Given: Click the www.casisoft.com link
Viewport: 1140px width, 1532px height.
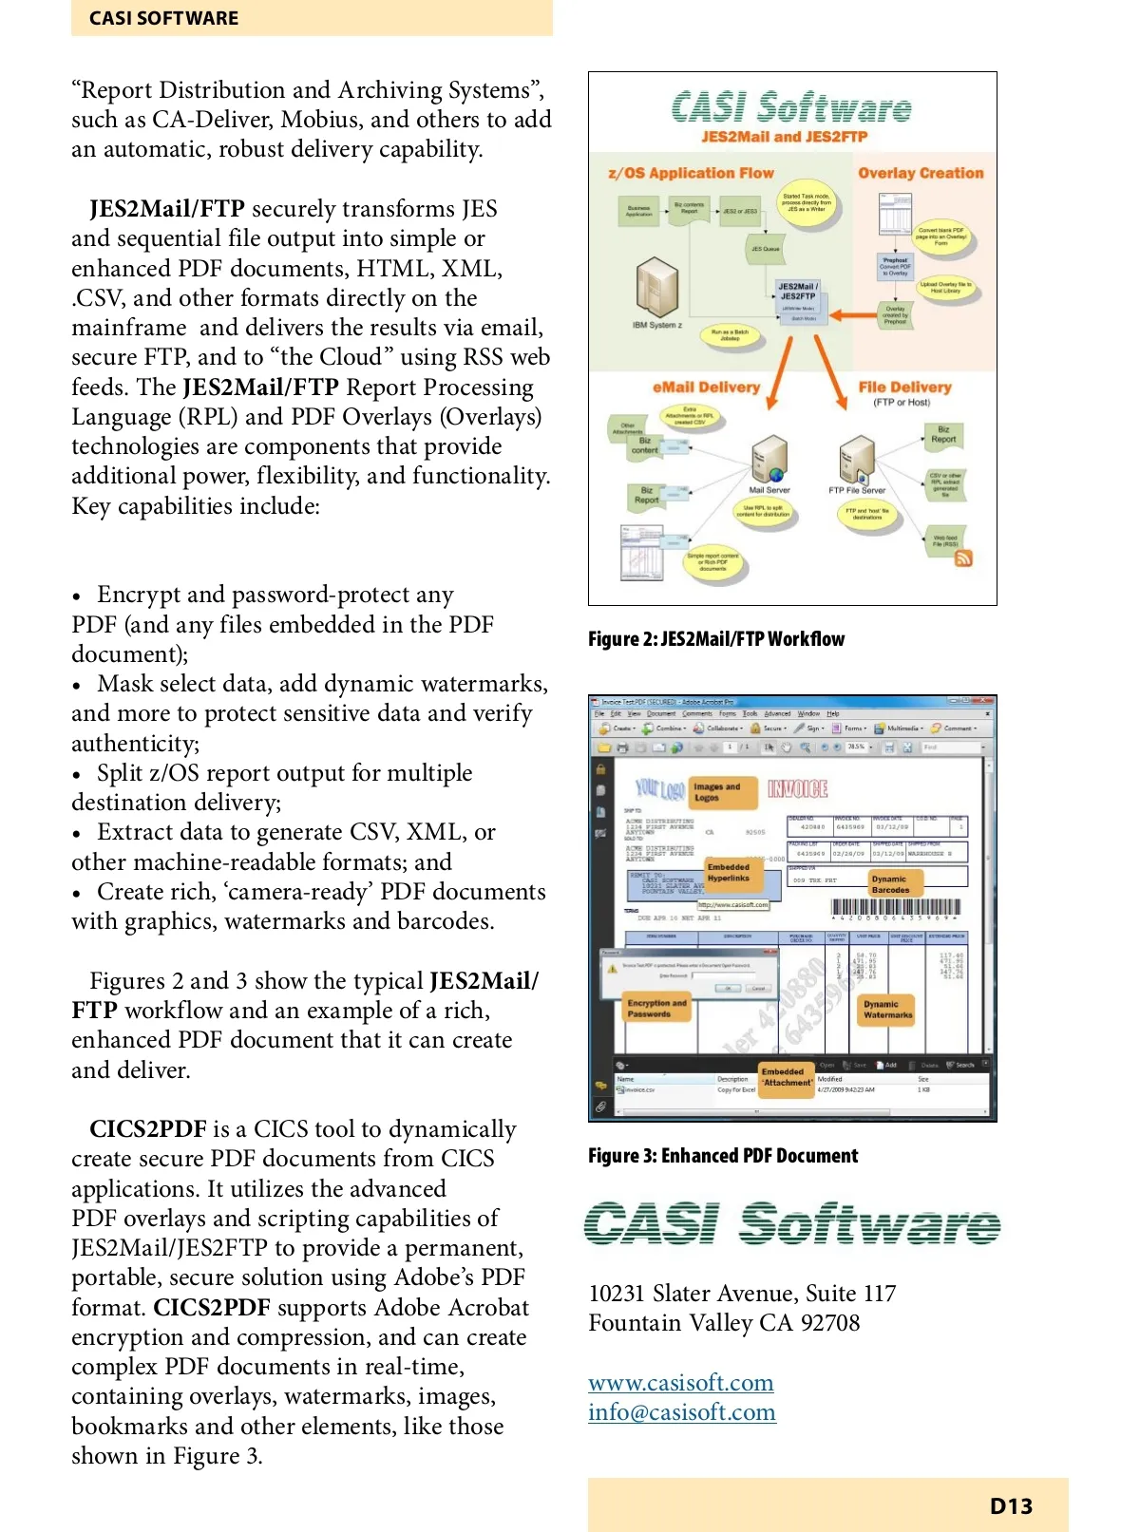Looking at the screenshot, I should (680, 1383).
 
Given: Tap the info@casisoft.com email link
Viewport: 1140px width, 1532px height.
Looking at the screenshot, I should (681, 1412).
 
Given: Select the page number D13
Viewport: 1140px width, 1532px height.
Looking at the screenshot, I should (1011, 1506).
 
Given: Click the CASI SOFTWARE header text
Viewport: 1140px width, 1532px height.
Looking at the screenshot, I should (163, 18).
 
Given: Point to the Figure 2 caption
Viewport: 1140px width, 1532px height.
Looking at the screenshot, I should (716, 639).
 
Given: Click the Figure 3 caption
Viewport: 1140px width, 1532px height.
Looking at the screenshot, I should (723, 1156).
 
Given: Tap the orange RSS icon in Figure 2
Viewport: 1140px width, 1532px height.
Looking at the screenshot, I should (963, 558).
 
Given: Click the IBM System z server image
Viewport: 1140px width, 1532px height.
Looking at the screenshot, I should (656, 289).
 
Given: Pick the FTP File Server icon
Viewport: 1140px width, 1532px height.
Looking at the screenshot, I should (857, 460).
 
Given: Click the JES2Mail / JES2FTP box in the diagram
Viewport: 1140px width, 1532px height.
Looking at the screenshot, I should (797, 292).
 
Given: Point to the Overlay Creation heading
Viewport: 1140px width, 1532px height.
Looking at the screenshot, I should (921, 173).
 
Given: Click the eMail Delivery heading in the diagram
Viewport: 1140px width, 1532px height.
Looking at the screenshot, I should (706, 388).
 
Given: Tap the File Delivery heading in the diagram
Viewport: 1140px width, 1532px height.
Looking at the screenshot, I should (904, 388).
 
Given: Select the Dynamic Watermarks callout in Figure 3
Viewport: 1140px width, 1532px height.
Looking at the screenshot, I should (887, 1010).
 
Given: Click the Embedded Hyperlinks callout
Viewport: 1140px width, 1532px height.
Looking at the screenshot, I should (729, 873).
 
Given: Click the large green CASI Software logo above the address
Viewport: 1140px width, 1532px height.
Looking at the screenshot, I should (791, 1223).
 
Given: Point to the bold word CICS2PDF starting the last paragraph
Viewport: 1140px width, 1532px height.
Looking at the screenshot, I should (147, 1129).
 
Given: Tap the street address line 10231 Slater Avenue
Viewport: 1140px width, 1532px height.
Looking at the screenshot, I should (742, 1294).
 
